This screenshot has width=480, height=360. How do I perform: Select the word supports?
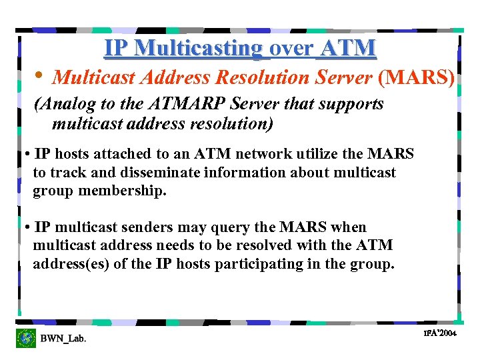point(353,104)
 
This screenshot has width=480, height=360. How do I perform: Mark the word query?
point(241,227)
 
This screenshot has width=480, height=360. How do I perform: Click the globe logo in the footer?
point(27,338)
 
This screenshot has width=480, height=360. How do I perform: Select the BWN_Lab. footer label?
point(63,339)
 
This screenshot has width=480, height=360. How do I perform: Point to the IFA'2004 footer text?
point(440,333)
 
